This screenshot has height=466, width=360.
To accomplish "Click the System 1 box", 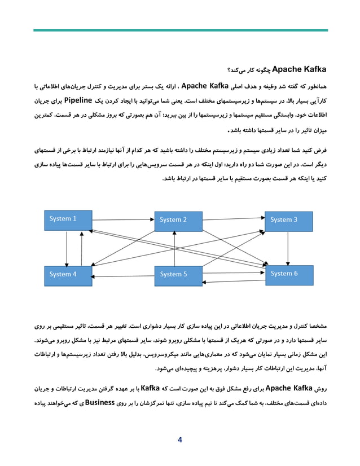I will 68,219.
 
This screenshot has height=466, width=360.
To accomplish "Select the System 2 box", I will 178,221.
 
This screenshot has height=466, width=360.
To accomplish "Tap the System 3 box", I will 288,220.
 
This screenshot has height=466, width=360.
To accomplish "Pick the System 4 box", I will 68,275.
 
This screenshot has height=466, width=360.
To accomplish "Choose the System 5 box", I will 178,275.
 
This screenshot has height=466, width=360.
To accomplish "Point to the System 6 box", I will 288,274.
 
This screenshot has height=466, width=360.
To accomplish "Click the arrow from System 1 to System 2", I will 123,217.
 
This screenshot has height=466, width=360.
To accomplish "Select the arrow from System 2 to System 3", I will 234,217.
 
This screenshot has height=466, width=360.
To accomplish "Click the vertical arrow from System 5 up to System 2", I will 175,248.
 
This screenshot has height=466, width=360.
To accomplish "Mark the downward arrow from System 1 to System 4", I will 67,248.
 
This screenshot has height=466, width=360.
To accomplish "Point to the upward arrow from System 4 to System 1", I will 82,248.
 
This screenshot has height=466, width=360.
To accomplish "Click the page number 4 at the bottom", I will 179,440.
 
